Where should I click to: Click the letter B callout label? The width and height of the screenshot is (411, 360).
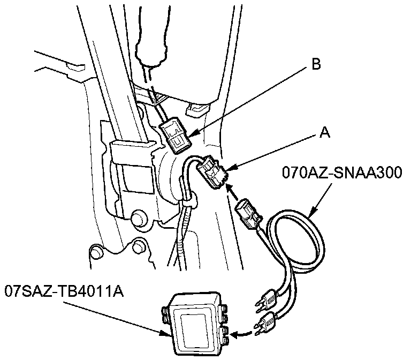[x=316, y=65]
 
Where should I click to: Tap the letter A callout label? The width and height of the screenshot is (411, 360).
[x=324, y=132]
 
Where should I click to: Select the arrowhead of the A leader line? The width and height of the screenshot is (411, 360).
[x=229, y=170]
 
